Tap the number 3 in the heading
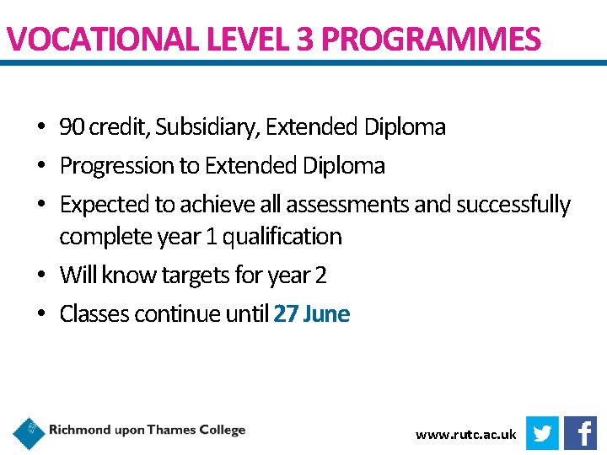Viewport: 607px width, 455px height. (x=303, y=39)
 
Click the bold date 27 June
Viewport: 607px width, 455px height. (x=311, y=314)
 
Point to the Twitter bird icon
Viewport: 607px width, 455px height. (x=542, y=433)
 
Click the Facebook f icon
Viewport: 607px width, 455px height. (x=581, y=433)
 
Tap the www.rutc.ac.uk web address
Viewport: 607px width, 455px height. (x=465, y=435)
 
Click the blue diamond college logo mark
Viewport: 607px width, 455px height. (x=30, y=433)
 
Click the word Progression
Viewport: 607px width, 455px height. (x=116, y=166)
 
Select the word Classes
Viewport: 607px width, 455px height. (x=94, y=314)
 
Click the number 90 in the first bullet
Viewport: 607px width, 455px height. (x=72, y=127)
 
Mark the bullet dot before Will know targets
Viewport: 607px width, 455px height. (x=40, y=276)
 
